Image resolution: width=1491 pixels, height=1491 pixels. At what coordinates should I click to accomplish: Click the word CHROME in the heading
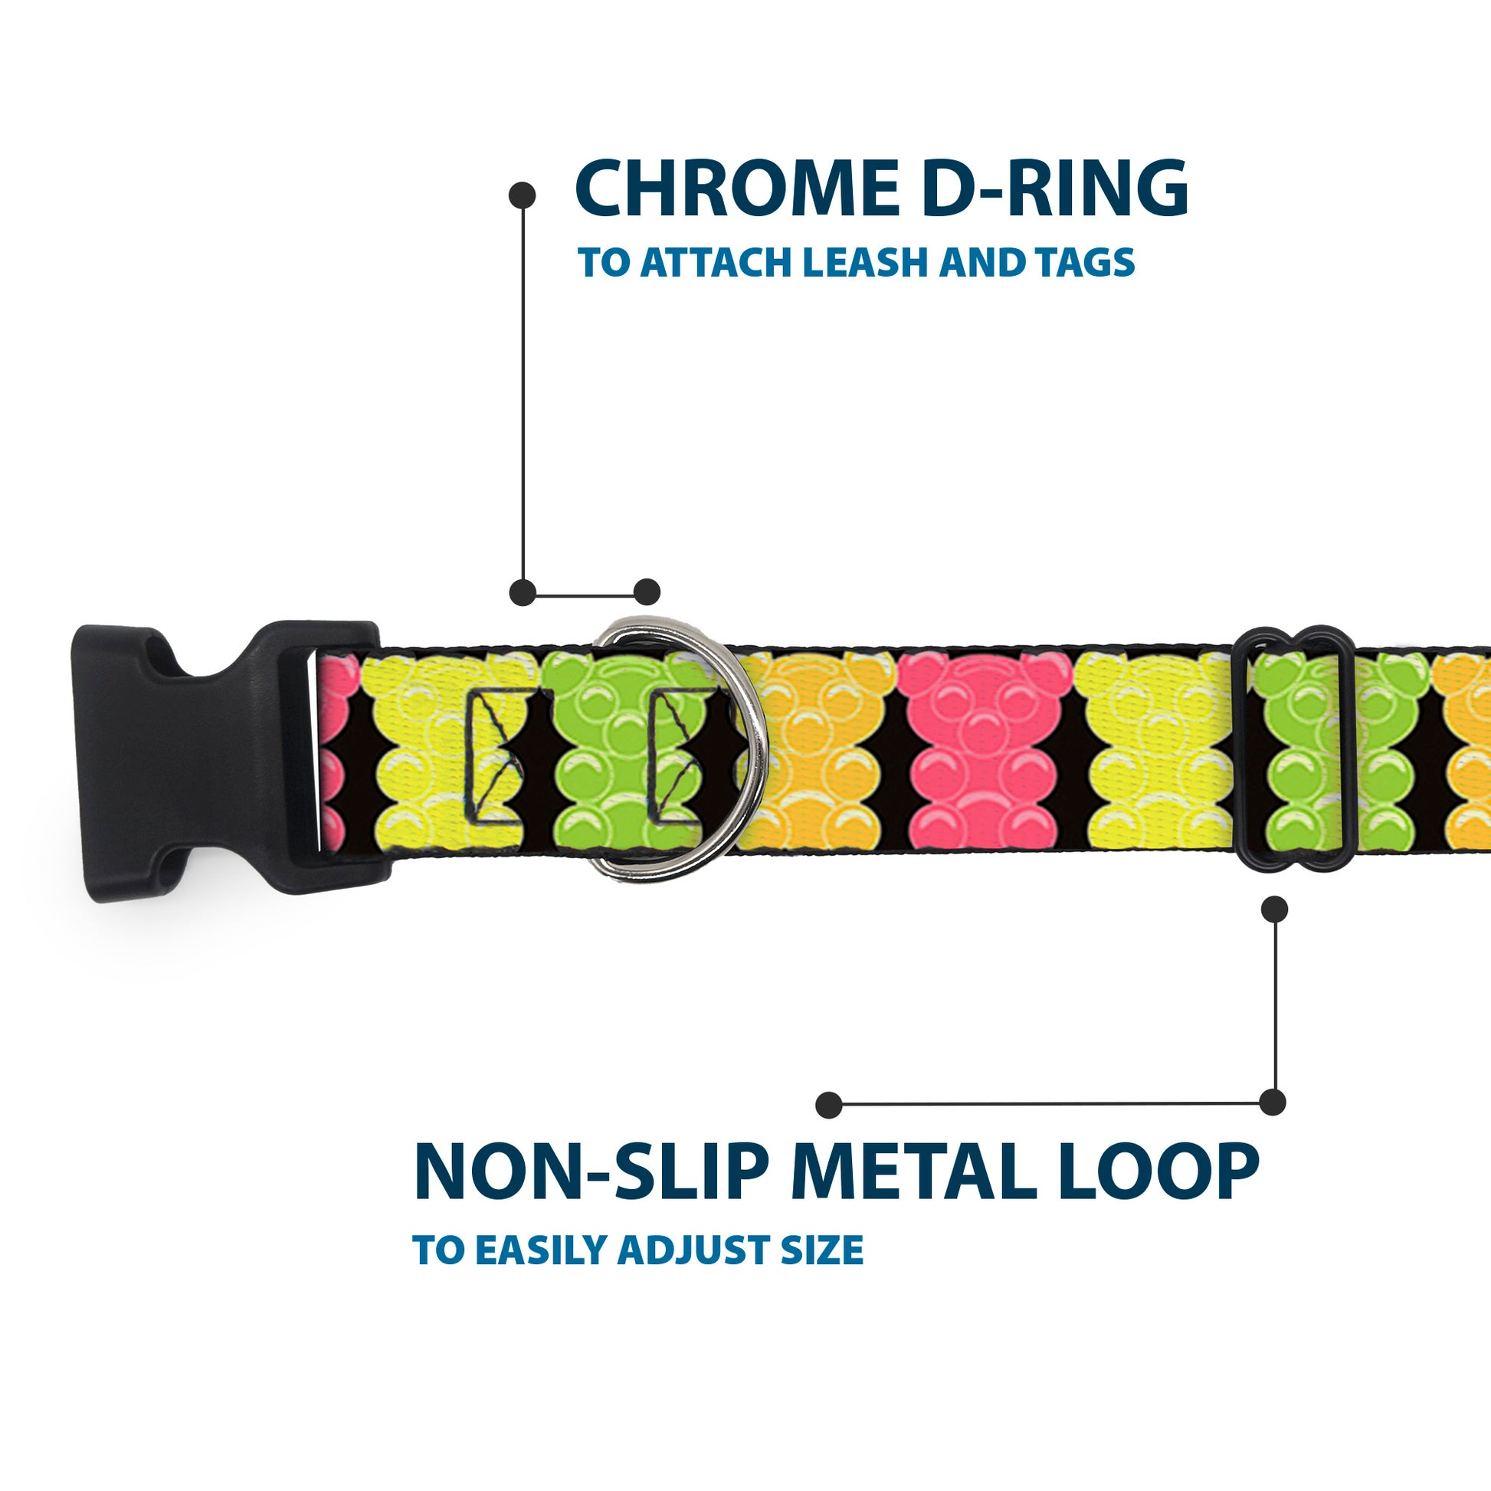(733, 190)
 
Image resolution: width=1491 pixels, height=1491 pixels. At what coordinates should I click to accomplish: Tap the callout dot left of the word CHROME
(523, 195)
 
